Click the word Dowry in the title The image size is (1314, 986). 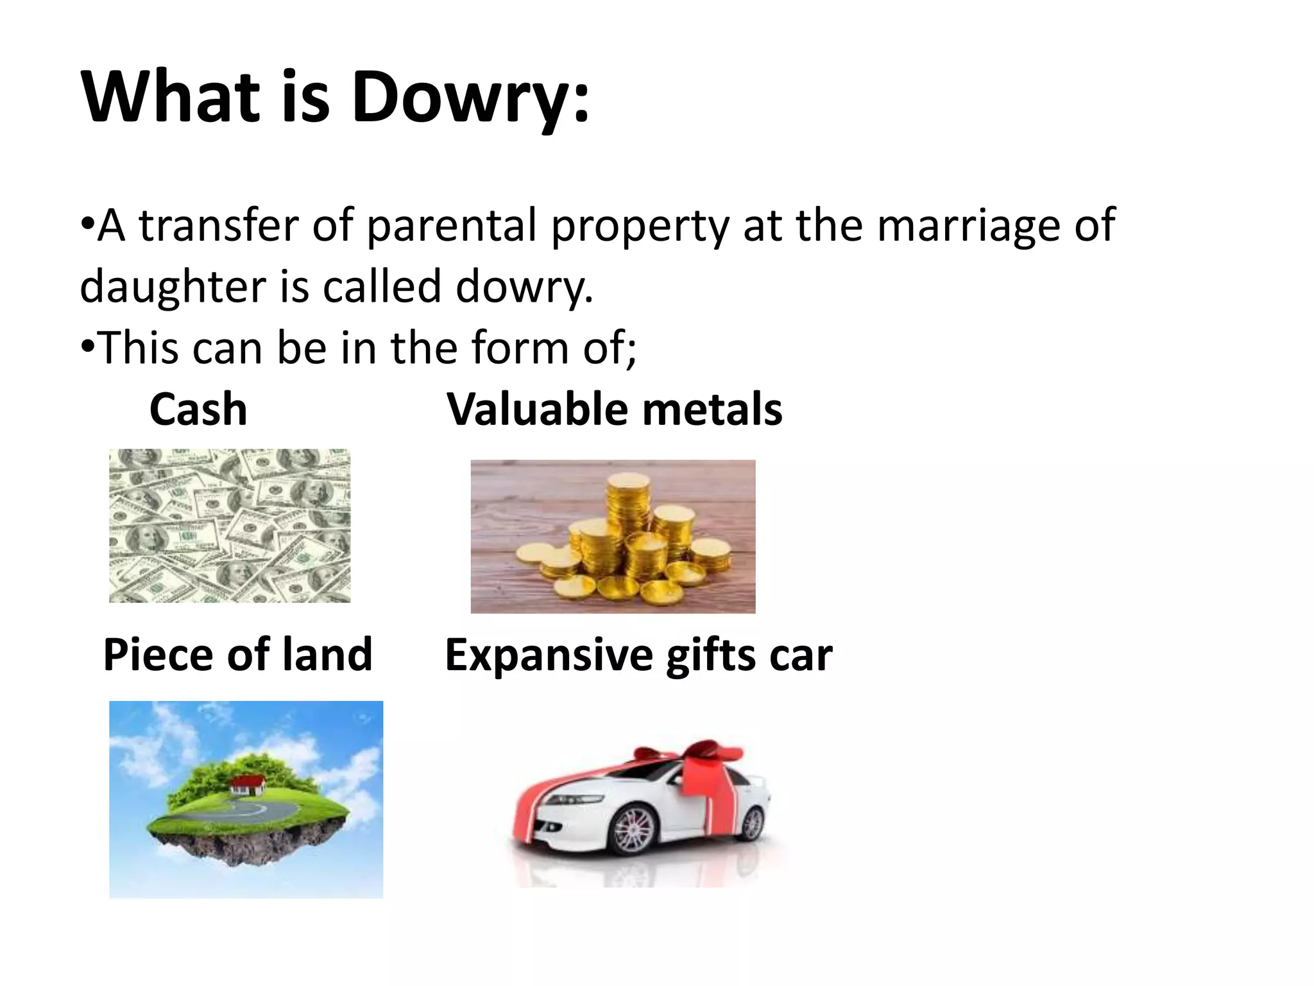coord(461,98)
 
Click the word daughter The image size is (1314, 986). coord(173,286)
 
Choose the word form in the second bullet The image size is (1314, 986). coord(520,348)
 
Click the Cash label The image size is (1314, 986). coord(198,410)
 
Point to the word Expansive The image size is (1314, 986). coord(549,656)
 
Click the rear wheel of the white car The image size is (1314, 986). coord(750,822)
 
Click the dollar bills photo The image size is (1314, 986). coord(230,525)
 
